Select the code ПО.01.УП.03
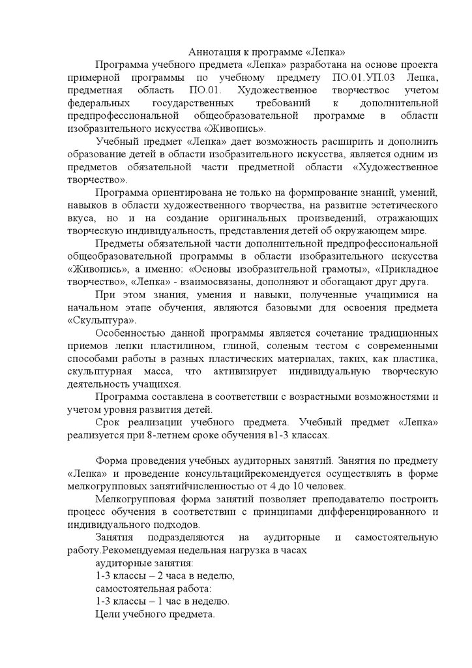click(357, 77)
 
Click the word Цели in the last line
click(108, 615)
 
